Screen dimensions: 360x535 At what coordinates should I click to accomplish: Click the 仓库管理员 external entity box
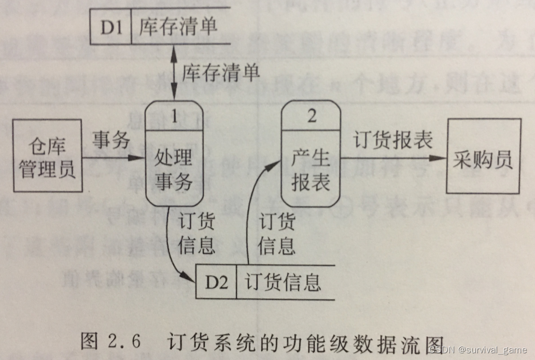point(48,155)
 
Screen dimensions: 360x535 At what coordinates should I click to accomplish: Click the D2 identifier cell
point(216,282)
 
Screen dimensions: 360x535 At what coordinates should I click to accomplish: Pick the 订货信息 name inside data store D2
point(283,283)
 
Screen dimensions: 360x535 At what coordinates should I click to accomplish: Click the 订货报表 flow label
point(393,140)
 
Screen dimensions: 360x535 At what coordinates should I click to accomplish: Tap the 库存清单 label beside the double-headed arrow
point(220,73)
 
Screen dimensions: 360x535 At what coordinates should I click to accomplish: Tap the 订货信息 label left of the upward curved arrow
point(196,235)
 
